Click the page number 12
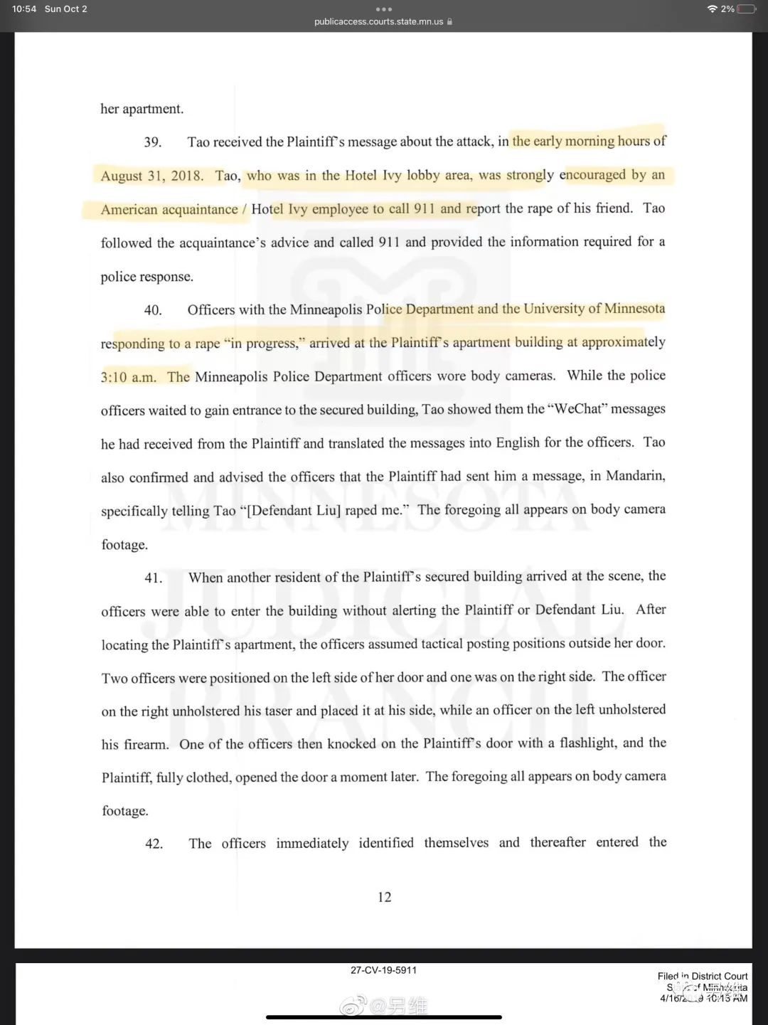(x=384, y=897)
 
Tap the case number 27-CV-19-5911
(x=383, y=970)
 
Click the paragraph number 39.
(x=152, y=142)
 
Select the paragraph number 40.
(x=153, y=310)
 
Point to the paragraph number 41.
(x=153, y=578)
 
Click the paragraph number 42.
(x=154, y=844)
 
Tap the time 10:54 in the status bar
(x=24, y=9)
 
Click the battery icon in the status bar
(x=747, y=9)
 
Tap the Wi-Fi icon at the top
(x=712, y=9)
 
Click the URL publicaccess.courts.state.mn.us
(x=378, y=22)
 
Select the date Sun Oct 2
(x=66, y=9)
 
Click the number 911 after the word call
(x=424, y=208)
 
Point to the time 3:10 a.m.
(x=128, y=377)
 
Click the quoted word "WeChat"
(x=577, y=409)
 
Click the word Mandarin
(x=635, y=475)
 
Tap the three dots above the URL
(x=384, y=9)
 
